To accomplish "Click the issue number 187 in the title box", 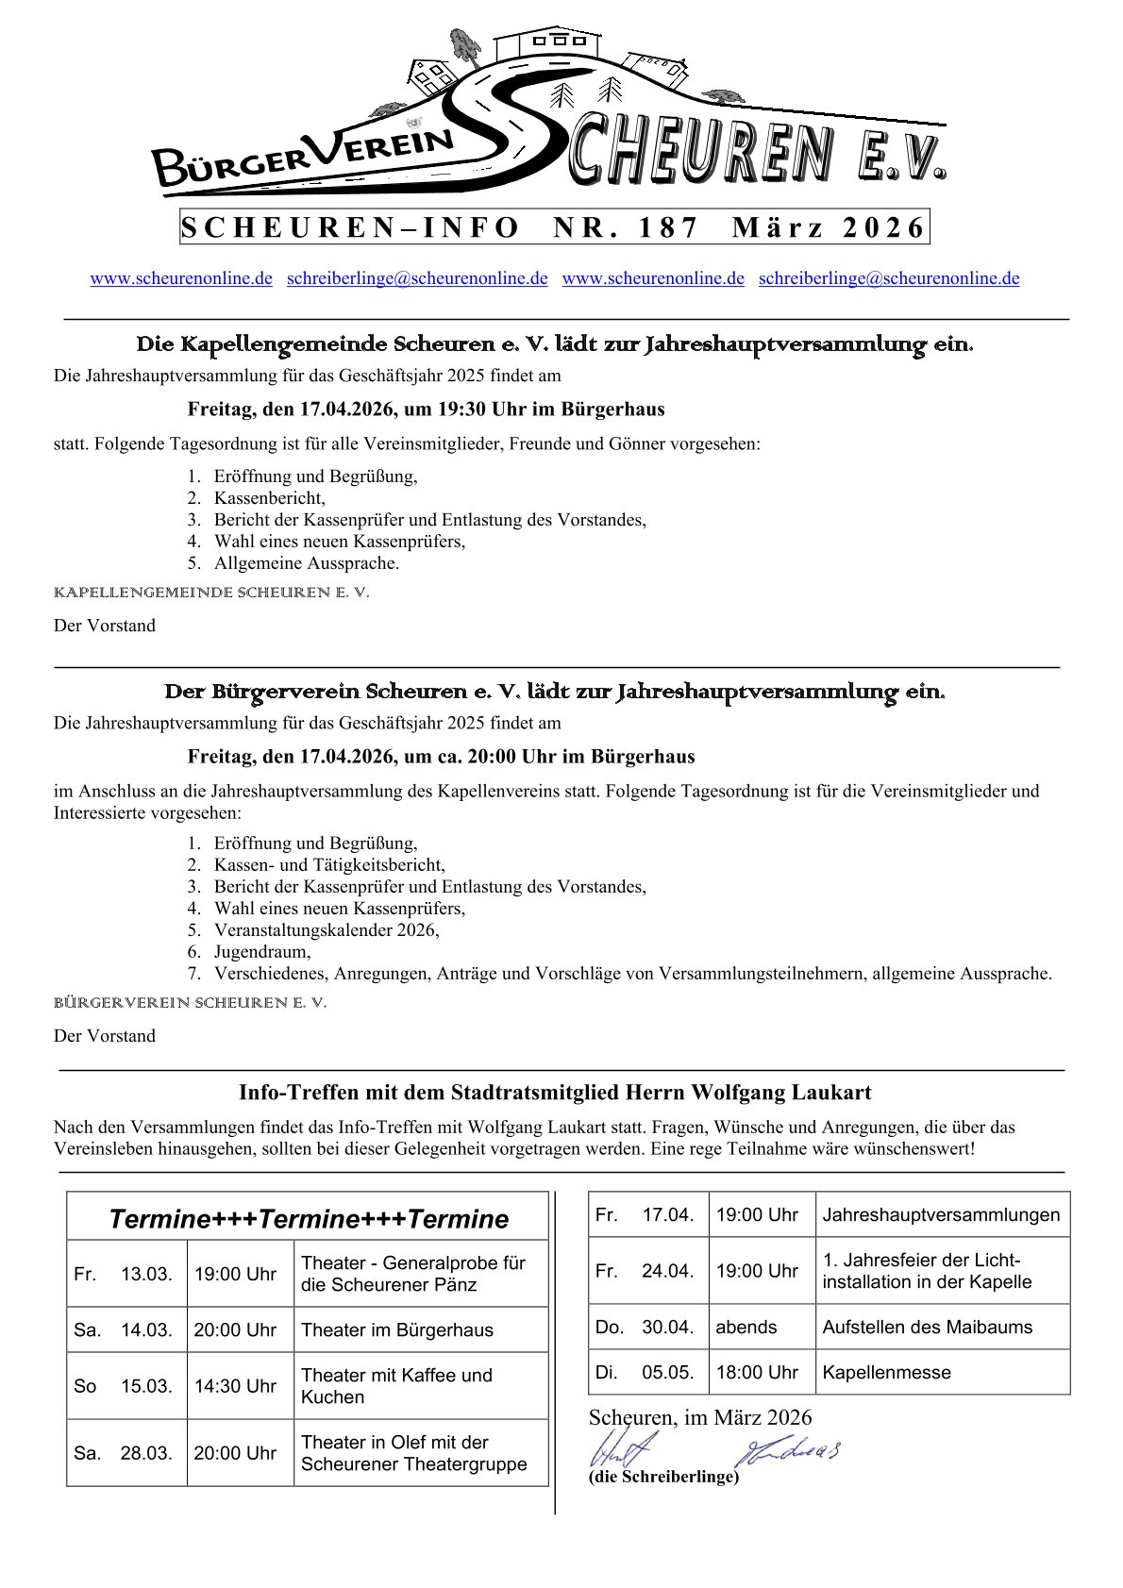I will [667, 227].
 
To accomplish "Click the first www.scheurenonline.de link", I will [181, 278].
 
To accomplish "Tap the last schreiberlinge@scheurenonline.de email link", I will [888, 278].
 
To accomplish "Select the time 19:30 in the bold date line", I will [480, 410].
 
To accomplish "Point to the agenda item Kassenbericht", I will [269, 498].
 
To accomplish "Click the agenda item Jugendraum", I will [261, 952].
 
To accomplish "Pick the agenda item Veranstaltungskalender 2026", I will [327, 930].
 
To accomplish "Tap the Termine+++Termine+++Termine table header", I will [308, 1218].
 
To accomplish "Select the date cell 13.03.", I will [146, 1275].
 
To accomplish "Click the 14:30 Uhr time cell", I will [235, 1386].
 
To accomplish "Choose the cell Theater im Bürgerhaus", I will [396, 1330].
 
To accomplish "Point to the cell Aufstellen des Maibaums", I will [927, 1328].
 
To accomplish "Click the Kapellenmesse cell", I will [886, 1373].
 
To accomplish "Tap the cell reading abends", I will [746, 1328].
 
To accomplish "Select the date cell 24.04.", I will [667, 1272].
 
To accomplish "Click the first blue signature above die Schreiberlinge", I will [622, 1449].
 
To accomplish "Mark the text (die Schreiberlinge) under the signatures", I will [663, 1478].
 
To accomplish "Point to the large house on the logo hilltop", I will [548, 43].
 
